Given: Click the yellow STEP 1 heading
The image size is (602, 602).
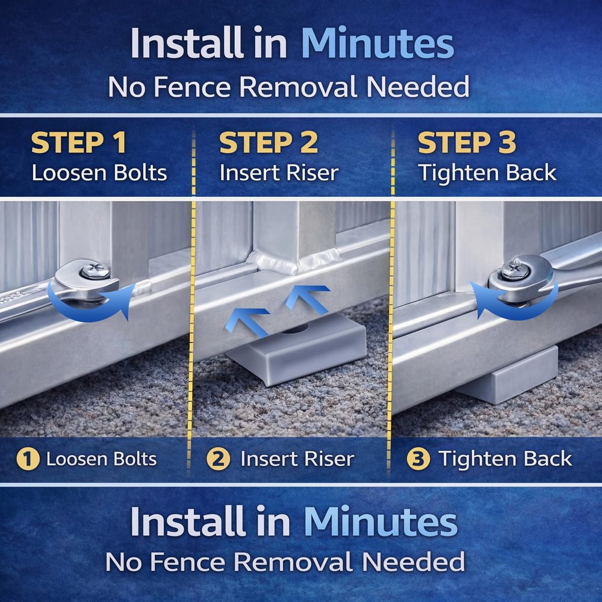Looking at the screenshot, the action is point(79,143).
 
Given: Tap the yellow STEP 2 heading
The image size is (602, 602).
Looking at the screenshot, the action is point(268,143).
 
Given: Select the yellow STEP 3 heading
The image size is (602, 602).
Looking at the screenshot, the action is point(467,143).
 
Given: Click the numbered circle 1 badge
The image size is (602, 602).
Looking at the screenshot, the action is point(28,459).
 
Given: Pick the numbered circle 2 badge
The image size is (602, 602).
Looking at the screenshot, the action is point(218,459).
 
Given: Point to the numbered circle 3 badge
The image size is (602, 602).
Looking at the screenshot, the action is point(418,459).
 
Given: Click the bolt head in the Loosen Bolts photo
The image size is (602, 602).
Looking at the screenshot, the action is point(95,271).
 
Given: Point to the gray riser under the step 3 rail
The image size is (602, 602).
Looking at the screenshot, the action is point(507,378).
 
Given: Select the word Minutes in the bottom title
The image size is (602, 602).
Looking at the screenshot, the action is point(380,521).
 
